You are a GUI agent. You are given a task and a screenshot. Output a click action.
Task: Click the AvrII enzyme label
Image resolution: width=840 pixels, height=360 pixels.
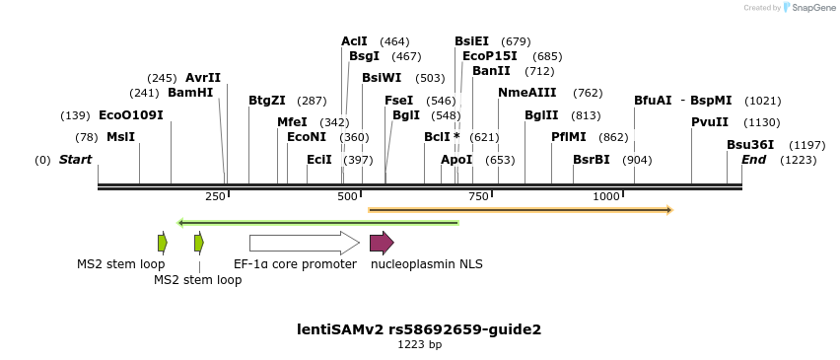[203, 78]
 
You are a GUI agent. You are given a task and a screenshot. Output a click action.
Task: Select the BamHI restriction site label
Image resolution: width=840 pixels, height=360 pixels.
[190, 93]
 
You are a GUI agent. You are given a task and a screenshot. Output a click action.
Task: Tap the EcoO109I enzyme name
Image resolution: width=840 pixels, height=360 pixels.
[131, 115]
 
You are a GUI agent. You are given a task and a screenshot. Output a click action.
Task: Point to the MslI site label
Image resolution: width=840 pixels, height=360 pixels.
[120, 137]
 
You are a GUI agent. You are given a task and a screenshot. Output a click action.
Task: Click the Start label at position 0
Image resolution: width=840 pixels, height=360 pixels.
[75, 160]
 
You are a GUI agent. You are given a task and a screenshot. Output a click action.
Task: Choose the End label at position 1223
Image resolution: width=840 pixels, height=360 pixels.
[753, 160]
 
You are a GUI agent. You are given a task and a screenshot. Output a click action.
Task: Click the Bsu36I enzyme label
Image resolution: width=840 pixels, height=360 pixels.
[750, 145]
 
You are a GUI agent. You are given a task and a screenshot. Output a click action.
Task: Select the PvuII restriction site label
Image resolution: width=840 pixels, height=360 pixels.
[710, 122]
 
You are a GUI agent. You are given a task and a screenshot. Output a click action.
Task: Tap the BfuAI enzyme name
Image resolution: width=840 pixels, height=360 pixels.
[653, 101]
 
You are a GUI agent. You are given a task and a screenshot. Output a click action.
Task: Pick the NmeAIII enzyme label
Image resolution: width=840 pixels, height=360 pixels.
[526, 93]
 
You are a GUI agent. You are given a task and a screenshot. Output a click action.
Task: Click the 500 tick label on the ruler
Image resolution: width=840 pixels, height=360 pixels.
[347, 197]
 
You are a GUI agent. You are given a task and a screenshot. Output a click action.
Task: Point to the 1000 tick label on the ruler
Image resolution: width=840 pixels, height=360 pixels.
[606, 197]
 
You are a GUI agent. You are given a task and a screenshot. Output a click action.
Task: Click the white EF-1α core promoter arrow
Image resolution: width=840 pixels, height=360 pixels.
[304, 243]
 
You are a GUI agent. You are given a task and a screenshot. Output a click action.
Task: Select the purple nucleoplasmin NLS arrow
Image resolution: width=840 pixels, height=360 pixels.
[382, 243]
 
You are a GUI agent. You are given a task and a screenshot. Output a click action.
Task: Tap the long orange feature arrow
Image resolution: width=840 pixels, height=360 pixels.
[520, 210]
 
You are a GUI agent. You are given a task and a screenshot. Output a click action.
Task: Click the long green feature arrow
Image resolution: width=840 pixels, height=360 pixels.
[317, 223]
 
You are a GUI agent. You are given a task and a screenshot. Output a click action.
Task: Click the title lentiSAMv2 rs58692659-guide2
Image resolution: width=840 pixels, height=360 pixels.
[419, 329]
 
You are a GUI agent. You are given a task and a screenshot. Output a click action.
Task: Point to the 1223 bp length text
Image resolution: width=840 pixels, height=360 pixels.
[419, 345]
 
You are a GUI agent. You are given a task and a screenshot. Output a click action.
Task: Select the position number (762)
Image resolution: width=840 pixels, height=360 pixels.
[588, 93]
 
